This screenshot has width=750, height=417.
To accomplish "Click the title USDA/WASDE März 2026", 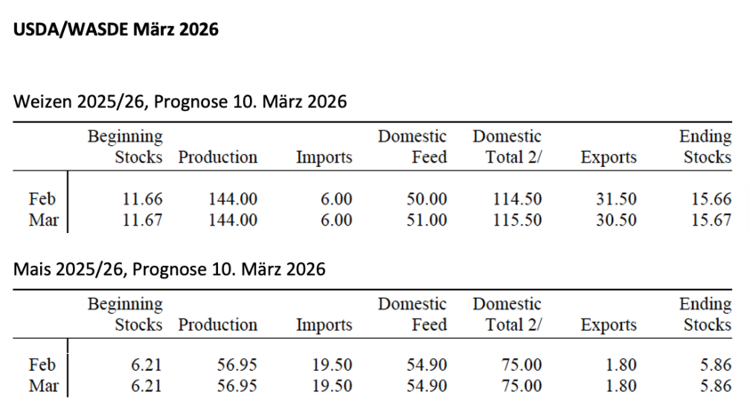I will [115, 30].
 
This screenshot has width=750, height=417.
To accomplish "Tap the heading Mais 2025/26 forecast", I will [169, 269].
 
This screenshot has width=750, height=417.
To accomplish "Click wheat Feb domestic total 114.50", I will [517, 199].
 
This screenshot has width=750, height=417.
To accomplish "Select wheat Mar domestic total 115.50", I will [517, 220].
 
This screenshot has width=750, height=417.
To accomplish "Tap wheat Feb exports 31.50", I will [616, 199].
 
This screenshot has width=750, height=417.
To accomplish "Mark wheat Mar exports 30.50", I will [616, 220].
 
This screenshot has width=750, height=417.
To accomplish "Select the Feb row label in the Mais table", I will [43, 365].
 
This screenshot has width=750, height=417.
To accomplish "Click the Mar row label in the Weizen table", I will [44, 220].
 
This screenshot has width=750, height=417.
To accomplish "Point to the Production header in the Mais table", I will [218, 325].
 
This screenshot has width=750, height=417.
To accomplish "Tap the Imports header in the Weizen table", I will [324, 157].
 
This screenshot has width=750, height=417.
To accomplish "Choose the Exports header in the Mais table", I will [609, 325].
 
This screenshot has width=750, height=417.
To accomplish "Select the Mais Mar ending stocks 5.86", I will [714, 386].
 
